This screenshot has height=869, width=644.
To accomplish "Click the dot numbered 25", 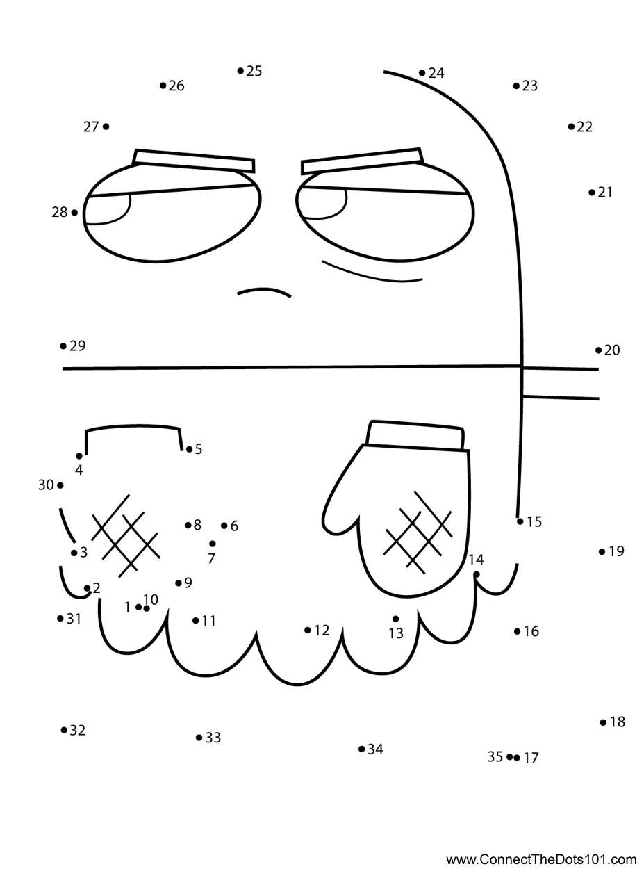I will pos(240,70).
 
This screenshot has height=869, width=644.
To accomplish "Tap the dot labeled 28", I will pos(74,213).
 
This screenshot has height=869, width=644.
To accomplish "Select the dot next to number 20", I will pos(599,350).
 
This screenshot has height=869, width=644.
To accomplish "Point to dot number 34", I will pos(361,749).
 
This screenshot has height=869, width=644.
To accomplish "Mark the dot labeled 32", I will pos(64,730).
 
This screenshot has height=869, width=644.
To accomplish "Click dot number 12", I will pos(308,631).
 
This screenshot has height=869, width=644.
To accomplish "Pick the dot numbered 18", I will pos(603,722).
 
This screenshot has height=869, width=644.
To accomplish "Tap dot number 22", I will pos(571,127).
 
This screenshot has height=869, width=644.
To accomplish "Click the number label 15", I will pos(534,521).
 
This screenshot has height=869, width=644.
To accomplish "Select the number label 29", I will pos(77,346).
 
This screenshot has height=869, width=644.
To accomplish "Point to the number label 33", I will pos(213,738).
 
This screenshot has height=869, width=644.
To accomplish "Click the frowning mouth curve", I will pos(264,291).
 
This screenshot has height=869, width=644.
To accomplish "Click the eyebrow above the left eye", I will pos(195,161).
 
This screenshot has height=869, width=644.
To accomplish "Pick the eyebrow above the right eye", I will pos(361,161).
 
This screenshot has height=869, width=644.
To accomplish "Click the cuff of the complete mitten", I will pos(415,435).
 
